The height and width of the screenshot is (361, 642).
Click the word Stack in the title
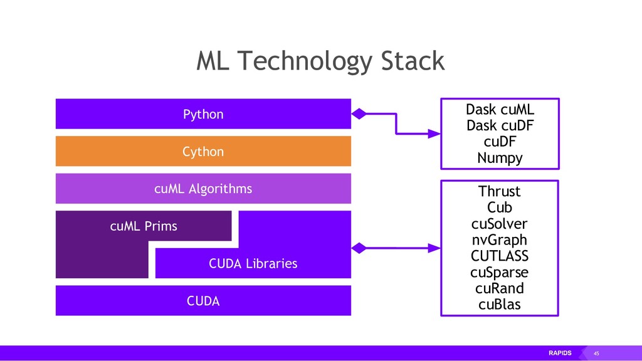pyautogui.click(x=413, y=61)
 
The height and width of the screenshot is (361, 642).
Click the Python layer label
pyautogui.click(x=203, y=114)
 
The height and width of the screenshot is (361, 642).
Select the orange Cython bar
pyautogui.click(x=203, y=151)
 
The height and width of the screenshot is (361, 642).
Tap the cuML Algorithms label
pyautogui.click(x=203, y=189)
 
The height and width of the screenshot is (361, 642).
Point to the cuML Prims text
pyautogui.click(x=144, y=226)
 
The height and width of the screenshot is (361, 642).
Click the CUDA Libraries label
pyautogui.click(x=253, y=263)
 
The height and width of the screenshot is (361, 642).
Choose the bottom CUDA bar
pyautogui.click(x=203, y=300)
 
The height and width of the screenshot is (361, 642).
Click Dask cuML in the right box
pyautogui.click(x=500, y=109)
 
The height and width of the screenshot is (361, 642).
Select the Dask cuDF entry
pyautogui.click(x=500, y=125)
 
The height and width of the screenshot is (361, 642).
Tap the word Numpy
pyautogui.click(x=500, y=158)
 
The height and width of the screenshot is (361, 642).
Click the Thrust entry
pyautogui.click(x=500, y=191)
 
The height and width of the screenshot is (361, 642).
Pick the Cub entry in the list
pyautogui.click(x=500, y=207)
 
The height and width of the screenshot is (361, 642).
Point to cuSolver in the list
pyautogui.click(x=500, y=224)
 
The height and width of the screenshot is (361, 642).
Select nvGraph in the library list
pyautogui.click(x=500, y=240)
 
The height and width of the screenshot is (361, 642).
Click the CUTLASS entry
pyautogui.click(x=500, y=256)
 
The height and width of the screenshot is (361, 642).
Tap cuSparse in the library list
pyautogui.click(x=500, y=272)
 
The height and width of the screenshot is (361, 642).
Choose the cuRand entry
pyautogui.click(x=500, y=288)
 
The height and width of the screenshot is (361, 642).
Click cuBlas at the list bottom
pyautogui.click(x=500, y=305)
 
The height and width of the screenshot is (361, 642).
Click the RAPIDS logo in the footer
pyautogui.click(x=560, y=353)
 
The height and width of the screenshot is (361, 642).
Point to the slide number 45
pyautogui.click(x=597, y=353)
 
